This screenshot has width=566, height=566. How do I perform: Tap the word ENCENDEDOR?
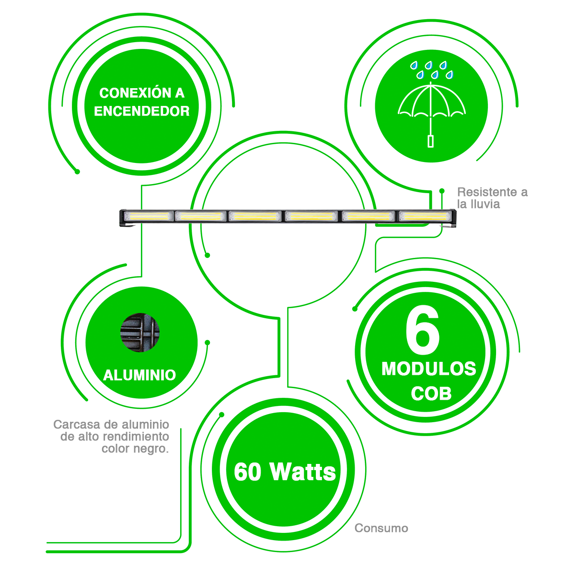click(142, 111)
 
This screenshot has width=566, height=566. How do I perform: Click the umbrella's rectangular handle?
click(430, 141)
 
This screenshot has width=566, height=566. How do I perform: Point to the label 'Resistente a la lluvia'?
click(492, 198)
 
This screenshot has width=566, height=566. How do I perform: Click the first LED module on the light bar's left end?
click(148, 217)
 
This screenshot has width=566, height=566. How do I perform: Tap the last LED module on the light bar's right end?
click(425, 216)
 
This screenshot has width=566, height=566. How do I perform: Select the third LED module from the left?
click(255, 217)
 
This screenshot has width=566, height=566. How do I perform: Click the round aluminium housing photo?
click(140, 333)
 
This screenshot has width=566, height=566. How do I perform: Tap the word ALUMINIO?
click(139, 375)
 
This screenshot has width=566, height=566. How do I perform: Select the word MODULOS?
click(429, 369)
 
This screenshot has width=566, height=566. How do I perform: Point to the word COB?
click(431, 393)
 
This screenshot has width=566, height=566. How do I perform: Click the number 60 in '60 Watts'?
click(248, 472)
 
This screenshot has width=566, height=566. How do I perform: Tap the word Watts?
click(303, 472)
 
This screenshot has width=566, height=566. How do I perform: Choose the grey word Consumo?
click(381, 528)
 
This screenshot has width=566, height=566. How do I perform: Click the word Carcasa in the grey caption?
click(76, 424)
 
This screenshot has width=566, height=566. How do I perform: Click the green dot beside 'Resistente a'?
click(442, 191)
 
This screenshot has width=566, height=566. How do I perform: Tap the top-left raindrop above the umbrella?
click(414, 65)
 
